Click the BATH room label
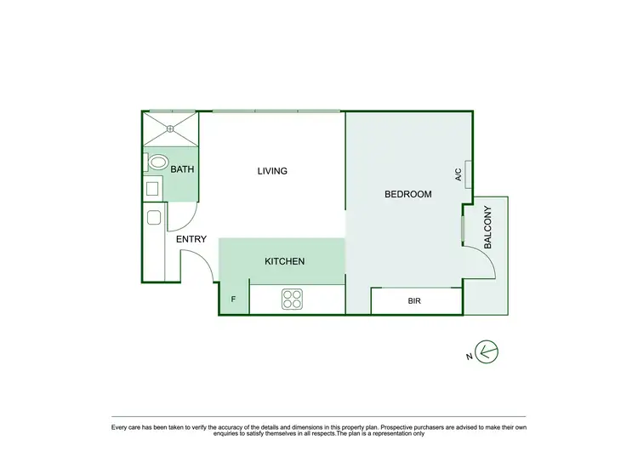point(183,169)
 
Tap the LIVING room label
point(272,171)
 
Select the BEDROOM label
point(408,194)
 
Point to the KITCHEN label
point(284,261)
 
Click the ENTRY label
point(191,239)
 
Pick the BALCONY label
point(488,227)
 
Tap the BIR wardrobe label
point(415,301)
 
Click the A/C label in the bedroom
point(459,175)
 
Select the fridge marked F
point(234,300)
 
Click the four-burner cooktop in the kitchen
point(293,299)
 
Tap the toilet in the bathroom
point(157,162)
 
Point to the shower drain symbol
point(169,128)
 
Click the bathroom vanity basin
point(154,188)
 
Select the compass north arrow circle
point(487,351)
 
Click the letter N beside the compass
point(469,357)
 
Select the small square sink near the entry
point(153,218)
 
